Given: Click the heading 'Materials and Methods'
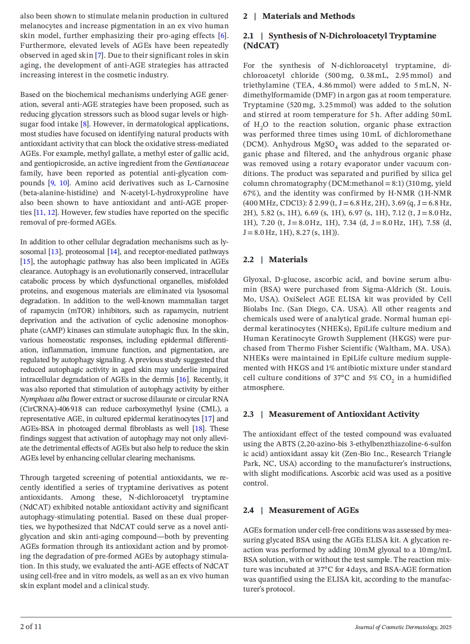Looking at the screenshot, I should pos(308,16).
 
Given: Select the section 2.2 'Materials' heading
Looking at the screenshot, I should pos(288,260).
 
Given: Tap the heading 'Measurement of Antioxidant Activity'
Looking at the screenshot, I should pos(344,414).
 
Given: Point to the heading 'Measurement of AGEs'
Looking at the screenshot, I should pos(314,510).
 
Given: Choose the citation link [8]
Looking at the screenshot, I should pos(85,124).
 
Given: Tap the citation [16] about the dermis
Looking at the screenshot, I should pos(183,380).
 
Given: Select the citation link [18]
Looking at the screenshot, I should pos(199,429).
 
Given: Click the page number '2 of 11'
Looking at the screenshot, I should pos(31,627).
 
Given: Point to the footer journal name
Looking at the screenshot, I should pos(402,627).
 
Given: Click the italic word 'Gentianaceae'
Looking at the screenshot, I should pos(206,164).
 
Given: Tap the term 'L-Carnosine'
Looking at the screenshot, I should pos(208,183).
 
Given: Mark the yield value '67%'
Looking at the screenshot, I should pos(250,193).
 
